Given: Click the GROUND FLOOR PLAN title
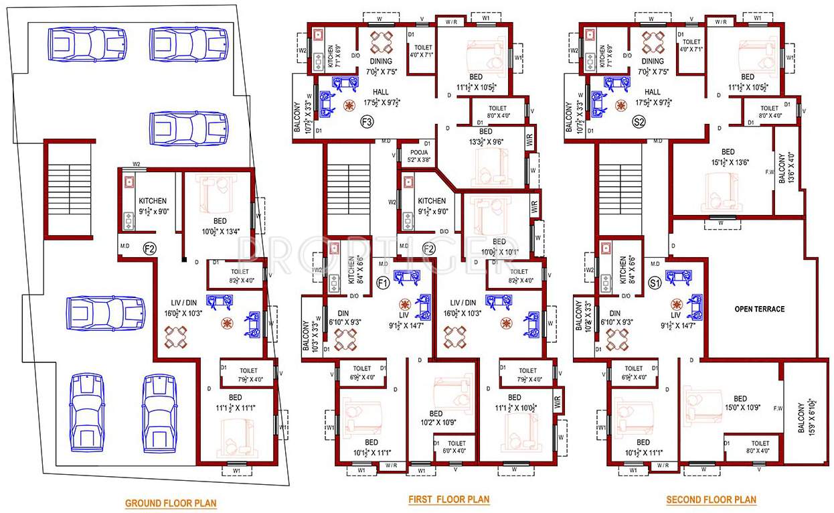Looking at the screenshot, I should click(171, 503).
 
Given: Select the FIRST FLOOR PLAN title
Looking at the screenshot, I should click(449, 500).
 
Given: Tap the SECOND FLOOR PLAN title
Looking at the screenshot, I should click(711, 500).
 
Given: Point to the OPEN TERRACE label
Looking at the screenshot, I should click(759, 309).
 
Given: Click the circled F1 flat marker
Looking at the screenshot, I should click(383, 283).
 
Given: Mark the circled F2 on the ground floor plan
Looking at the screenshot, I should click(149, 248).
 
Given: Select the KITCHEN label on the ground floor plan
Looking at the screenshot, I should click(153, 201).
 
